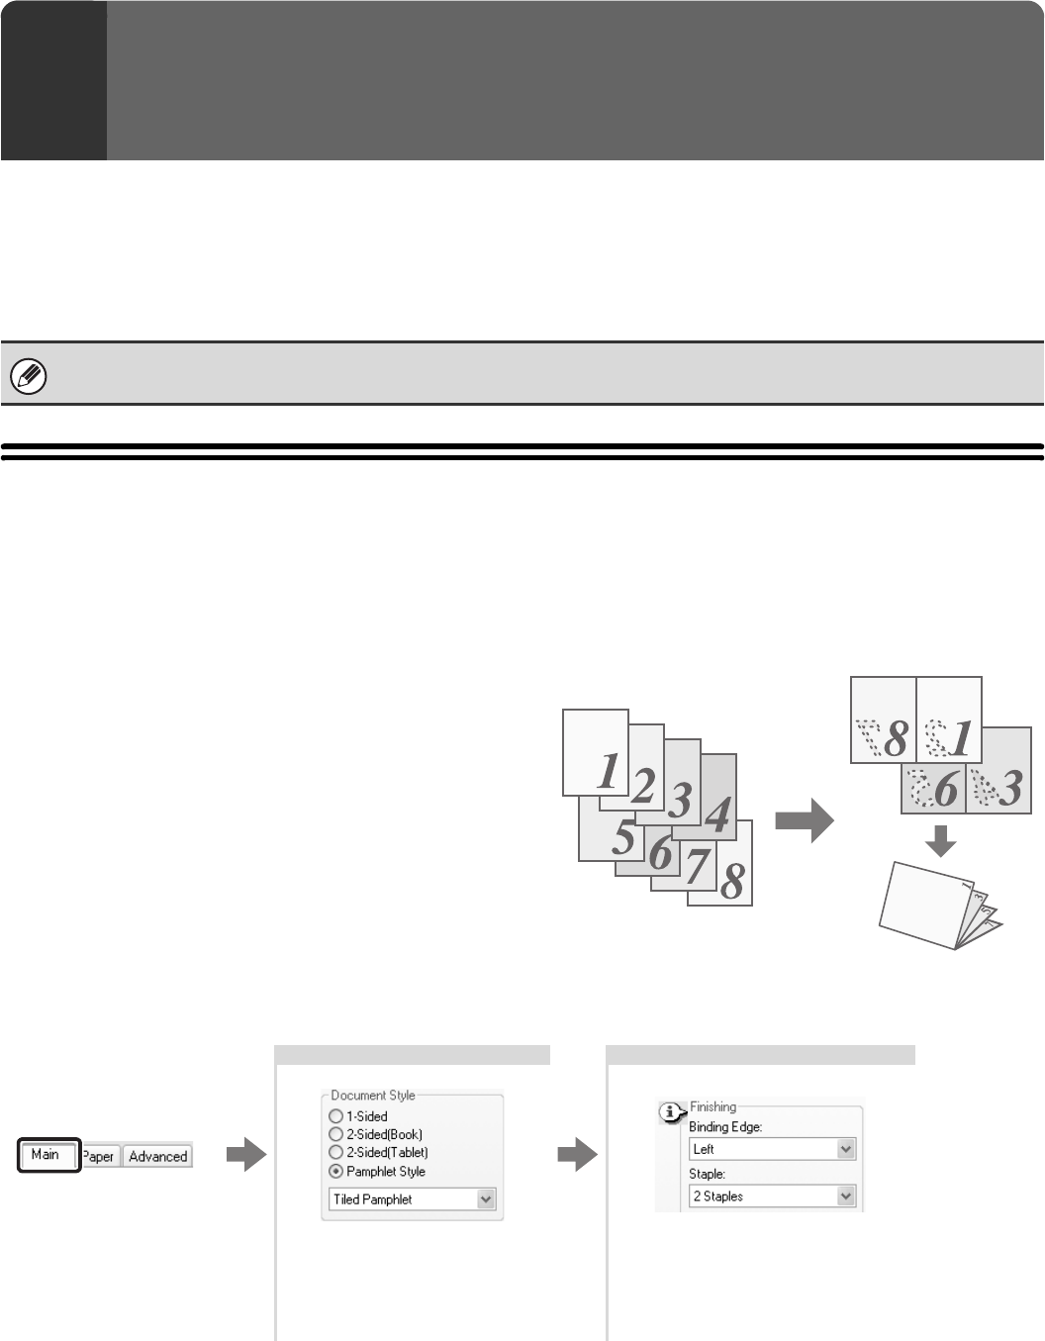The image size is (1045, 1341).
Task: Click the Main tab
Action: (x=47, y=1155)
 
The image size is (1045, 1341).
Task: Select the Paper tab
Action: (x=100, y=1156)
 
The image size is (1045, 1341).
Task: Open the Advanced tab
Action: (x=157, y=1156)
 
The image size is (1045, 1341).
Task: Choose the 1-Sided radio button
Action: (x=335, y=1116)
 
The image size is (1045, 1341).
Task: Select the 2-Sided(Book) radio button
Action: (x=335, y=1134)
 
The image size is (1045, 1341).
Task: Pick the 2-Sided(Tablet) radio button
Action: (x=335, y=1153)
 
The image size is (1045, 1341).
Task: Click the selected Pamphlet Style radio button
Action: (x=335, y=1172)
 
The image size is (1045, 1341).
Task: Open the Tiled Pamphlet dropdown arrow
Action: (x=485, y=1199)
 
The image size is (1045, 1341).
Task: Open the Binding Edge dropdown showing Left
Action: (x=845, y=1149)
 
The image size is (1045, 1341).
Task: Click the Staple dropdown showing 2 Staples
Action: (x=845, y=1197)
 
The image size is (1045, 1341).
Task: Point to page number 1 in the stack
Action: (x=609, y=772)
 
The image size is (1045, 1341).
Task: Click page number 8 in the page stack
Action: (x=732, y=881)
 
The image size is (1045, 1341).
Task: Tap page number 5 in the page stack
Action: (x=622, y=837)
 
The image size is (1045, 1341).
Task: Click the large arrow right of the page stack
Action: (x=805, y=821)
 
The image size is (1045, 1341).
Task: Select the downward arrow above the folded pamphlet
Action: (x=942, y=841)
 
